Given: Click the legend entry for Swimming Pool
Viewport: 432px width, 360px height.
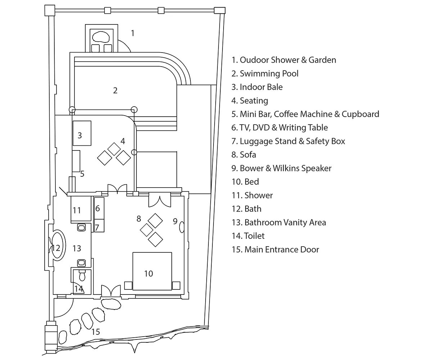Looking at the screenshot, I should [265, 73].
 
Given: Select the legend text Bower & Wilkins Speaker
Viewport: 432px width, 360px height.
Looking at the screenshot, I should [281, 168].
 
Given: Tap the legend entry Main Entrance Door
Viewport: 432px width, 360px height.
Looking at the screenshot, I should [275, 249].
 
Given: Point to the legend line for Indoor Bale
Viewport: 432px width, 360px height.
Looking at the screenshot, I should [257, 87].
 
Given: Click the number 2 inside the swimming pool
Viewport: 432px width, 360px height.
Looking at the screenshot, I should [115, 90].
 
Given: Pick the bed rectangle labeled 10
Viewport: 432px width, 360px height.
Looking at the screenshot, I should [152, 271].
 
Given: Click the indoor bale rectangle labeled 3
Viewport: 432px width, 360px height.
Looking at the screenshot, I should [82, 133].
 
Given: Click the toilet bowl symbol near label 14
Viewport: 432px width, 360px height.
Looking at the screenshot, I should [82, 276].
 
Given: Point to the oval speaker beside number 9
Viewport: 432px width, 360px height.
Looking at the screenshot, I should [182, 227].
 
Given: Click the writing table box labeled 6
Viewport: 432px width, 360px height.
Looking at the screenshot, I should [99, 208].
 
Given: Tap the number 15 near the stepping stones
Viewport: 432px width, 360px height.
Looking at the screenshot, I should [95, 332].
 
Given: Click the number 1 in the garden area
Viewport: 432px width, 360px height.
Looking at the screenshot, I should [132, 33].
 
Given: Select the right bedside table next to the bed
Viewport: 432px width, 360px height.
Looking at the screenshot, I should [176, 285].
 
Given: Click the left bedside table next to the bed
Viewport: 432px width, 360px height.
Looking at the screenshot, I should [128, 285].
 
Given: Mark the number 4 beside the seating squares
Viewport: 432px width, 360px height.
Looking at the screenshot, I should [123, 141].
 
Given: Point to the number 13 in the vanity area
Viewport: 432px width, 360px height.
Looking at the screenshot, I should [77, 248].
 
